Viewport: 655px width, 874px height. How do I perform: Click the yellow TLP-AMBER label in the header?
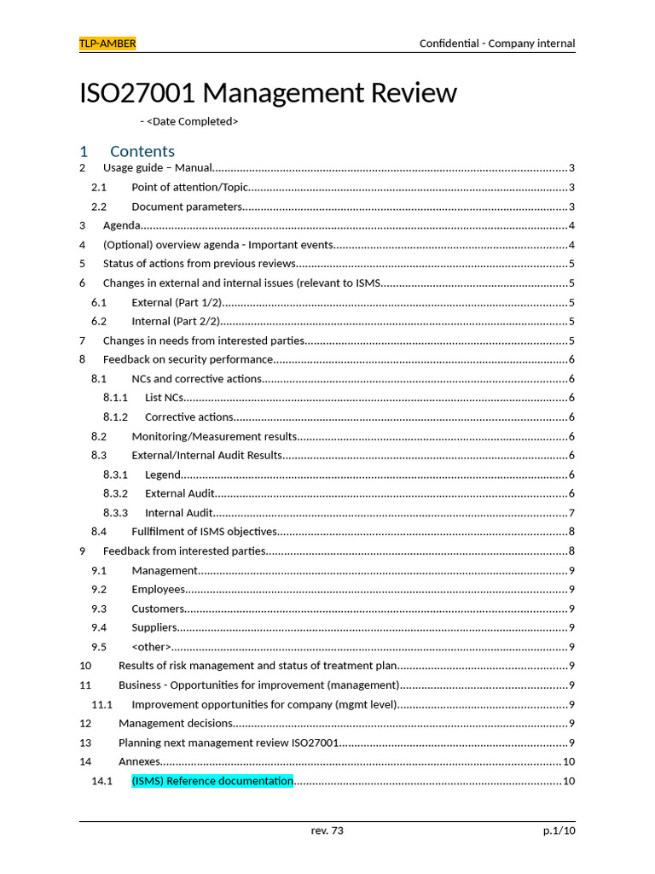click(107, 44)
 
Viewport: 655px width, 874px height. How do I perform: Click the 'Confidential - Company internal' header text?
click(496, 44)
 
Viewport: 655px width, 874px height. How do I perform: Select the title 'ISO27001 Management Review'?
click(268, 92)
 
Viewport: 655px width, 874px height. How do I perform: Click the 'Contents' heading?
click(142, 151)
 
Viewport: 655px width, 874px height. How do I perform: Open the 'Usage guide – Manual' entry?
click(157, 168)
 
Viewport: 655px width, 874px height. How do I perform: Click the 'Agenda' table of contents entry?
click(121, 225)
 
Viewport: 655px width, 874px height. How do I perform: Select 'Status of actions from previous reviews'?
click(200, 264)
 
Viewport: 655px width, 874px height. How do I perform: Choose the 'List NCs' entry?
click(164, 398)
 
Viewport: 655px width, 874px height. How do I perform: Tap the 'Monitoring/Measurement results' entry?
click(214, 436)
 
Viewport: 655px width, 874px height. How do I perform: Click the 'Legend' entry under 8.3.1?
click(162, 475)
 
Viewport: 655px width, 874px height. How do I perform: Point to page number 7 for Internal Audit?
click(571, 513)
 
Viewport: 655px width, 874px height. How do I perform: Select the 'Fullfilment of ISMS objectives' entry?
click(204, 532)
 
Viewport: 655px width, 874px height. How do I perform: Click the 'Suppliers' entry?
click(154, 627)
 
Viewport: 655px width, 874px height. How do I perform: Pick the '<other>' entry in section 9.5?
click(151, 647)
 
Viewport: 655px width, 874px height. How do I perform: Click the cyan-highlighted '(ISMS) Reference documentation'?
click(212, 781)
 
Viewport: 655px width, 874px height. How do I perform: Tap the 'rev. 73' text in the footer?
click(327, 830)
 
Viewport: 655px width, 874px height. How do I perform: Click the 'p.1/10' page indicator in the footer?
click(559, 830)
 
